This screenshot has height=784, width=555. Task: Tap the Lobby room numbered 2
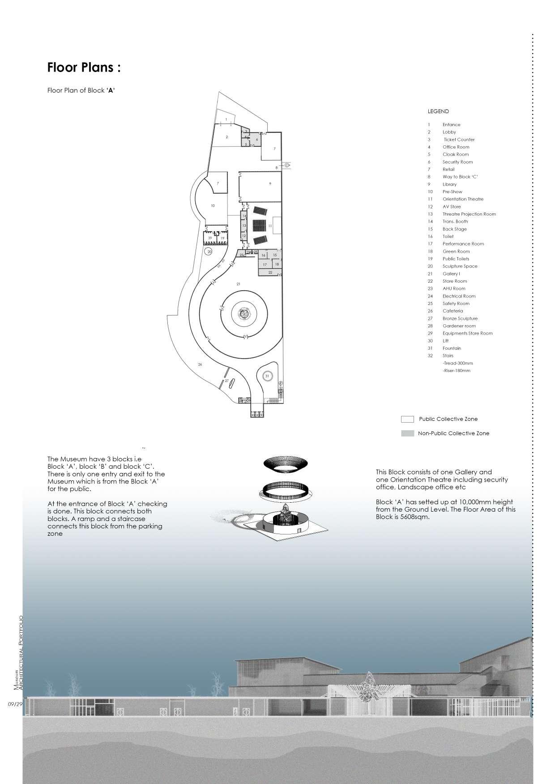pyautogui.click(x=227, y=136)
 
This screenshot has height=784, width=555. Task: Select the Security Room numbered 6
pyautogui.click(x=257, y=140)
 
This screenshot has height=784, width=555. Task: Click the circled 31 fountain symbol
pyautogui.click(x=267, y=376)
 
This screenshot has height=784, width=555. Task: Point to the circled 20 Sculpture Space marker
pyautogui.click(x=209, y=252)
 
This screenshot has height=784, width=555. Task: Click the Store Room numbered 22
pyautogui.click(x=270, y=272)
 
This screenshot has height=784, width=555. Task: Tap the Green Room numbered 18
pyautogui.click(x=277, y=264)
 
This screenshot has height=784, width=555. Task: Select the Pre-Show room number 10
pyautogui.click(x=213, y=206)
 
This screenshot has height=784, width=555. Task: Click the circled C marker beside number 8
pyautogui.click(x=287, y=165)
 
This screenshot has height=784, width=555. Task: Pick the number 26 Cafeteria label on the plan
pyautogui.click(x=200, y=364)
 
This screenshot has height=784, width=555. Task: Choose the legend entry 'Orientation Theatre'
pyautogui.click(x=463, y=199)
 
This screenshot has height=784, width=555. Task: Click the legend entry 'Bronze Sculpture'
pyautogui.click(x=460, y=318)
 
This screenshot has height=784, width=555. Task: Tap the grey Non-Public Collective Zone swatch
pyautogui.click(x=407, y=433)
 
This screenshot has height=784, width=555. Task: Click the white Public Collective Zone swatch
pyautogui.click(x=407, y=419)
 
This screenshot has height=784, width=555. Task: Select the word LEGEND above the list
pyautogui.click(x=438, y=111)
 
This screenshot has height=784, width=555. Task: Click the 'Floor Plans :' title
pyautogui.click(x=84, y=68)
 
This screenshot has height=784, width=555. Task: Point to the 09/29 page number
pyautogui.click(x=15, y=704)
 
